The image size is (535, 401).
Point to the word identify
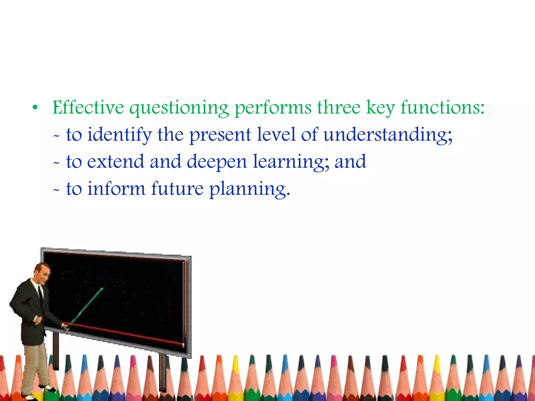(x=119, y=135)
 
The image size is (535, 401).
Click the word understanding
(x=388, y=135)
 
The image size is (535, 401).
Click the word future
(x=177, y=188)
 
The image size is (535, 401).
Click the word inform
(x=116, y=188)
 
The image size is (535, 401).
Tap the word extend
(x=115, y=162)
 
